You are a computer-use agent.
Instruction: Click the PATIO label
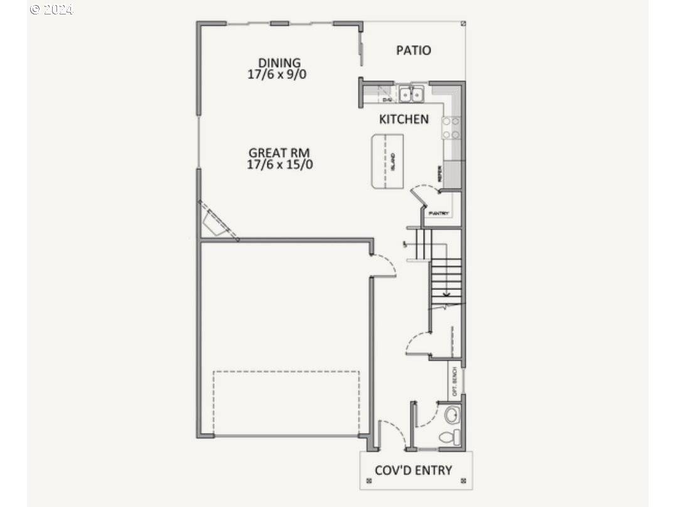pyautogui.click(x=414, y=50)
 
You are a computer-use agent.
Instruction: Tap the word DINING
pyautogui.click(x=279, y=63)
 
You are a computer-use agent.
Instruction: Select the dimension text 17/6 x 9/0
pyautogui.click(x=279, y=74)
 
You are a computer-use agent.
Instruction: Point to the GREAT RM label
pyautogui.click(x=279, y=152)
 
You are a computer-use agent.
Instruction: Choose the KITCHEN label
pyautogui.click(x=404, y=119)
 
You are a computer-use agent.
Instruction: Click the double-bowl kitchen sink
pyautogui.click(x=412, y=95)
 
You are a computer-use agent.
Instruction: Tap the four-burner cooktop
pyautogui.click(x=451, y=127)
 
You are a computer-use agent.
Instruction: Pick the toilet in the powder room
pyautogui.click(x=449, y=436)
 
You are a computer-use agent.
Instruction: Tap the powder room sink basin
pyautogui.click(x=451, y=415)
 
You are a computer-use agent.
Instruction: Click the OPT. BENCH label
pyautogui.click(x=454, y=380)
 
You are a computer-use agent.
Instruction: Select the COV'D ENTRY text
pyautogui.click(x=413, y=470)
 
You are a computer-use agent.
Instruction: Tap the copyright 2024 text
pyautogui.click(x=51, y=9)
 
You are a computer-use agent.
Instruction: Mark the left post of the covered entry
pyautogui.click(x=363, y=481)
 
